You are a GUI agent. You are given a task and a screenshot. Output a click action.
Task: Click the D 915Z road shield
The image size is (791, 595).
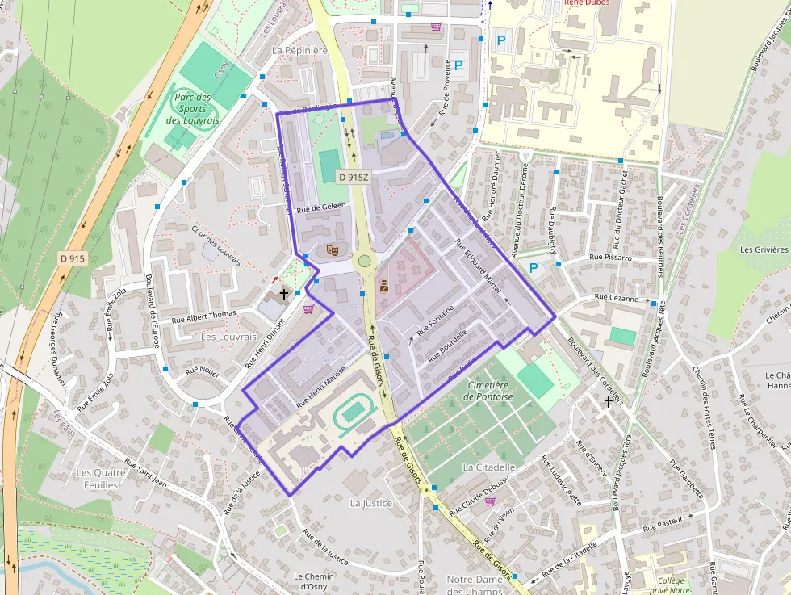click(x=354, y=177)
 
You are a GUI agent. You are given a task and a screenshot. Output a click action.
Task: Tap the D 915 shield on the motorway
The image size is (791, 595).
click(x=73, y=258)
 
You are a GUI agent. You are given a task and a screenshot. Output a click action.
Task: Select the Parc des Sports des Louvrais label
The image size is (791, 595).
click(x=192, y=109)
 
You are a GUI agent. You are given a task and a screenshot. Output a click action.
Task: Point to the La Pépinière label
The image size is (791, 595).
click(x=299, y=50)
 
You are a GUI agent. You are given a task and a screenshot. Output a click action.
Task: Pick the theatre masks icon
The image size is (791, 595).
click(x=331, y=250)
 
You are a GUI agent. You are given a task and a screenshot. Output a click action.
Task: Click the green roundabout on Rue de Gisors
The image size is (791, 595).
click(x=364, y=261)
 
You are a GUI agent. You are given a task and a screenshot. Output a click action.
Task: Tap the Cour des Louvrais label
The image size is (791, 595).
click(x=216, y=245)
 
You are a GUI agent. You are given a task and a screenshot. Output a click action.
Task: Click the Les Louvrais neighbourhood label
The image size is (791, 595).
click(x=228, y=337)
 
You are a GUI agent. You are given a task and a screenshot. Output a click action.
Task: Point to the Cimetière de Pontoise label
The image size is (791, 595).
click(x=489, y=391)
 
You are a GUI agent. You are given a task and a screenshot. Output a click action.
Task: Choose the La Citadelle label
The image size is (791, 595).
click(x=489, y=467)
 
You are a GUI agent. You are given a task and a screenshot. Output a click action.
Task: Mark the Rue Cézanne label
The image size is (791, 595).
click(x=617, y=297)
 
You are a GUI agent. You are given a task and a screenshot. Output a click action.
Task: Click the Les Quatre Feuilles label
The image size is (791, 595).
click(x=97, y=478)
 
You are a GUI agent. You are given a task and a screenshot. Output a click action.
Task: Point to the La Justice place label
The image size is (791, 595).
click(x=370, y=503)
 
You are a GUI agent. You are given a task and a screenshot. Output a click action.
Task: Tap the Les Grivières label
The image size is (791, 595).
click(x=764, y=249)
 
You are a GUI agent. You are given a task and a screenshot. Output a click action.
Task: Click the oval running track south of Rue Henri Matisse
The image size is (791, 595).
click(x=353, y=413)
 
